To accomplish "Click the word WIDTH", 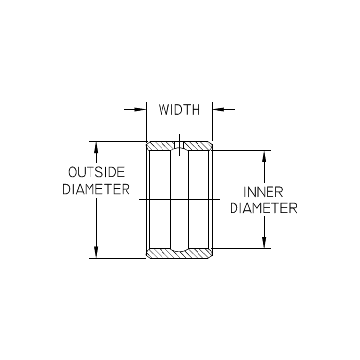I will pyautogui.click(x=179, y=110).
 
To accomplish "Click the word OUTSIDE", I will pyautogui.click(x=97, y=172).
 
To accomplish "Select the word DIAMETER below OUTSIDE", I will pyautogui.click(x=97, y=190).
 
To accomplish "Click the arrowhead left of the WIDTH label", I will pyautogui.click(x=142, y=110).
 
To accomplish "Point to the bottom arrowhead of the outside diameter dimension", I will pyautogui.click(x=96, y=254).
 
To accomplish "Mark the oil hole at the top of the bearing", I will pyautogui.click(x=179, y=147).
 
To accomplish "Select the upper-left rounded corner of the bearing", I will pyautogui.click(x=149, y=143).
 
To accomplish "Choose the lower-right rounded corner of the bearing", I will pyautogui.click(x=210, y=256).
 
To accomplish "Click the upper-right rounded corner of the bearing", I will pyautogui.click(x=210, y=143).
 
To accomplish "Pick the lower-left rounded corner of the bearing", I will pyautogui.click(x=149, y=256).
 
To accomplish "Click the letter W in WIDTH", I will pyautogui.click(x=162, y=110).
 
